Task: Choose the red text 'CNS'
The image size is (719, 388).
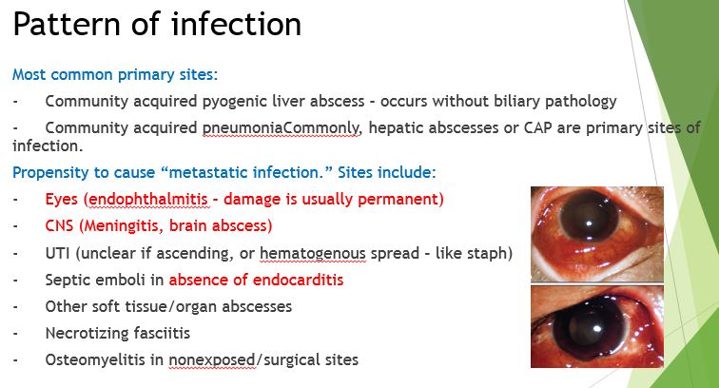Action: tap(61, 226)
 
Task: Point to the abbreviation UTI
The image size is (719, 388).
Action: tap(57, 253)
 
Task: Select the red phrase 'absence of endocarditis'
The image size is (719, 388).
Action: tap(256, 280)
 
